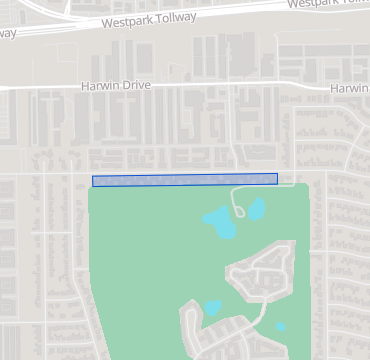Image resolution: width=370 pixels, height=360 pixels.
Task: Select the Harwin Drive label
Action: (x=115, y=87)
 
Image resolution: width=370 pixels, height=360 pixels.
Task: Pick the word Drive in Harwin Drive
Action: (x=136, y=87)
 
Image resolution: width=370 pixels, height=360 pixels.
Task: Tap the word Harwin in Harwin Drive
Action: (x=100, y=87)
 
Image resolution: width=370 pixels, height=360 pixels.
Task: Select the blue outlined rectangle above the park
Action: (x=184, y=180)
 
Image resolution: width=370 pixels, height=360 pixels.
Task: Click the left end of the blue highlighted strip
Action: (x=95, y=181)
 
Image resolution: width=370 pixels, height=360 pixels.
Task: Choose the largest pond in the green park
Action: (x=220, y=222)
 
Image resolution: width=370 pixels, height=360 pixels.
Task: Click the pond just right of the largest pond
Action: (x=256, y=208)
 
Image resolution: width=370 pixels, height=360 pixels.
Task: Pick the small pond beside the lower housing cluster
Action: (x=212, y=308)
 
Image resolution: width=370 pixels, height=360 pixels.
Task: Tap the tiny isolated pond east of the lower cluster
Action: (x=280, y=326)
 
